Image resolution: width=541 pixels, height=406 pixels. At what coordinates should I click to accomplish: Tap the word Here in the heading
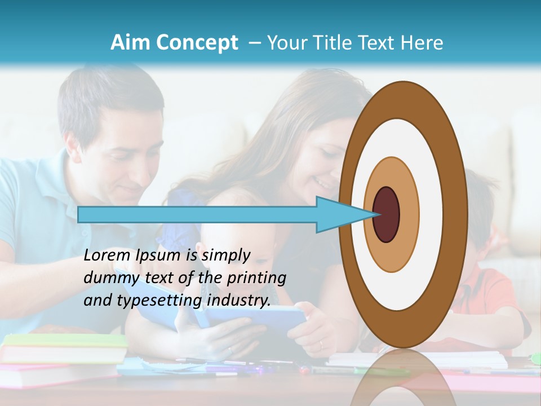coord(422,43)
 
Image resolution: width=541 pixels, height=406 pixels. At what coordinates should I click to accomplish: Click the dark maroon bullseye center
coord(386,214)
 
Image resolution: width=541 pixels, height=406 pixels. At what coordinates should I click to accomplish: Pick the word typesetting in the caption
coord(161,301)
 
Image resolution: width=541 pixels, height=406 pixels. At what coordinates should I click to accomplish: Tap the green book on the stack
coord(65,341)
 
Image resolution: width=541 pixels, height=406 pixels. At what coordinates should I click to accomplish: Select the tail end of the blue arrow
coord(80,214)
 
